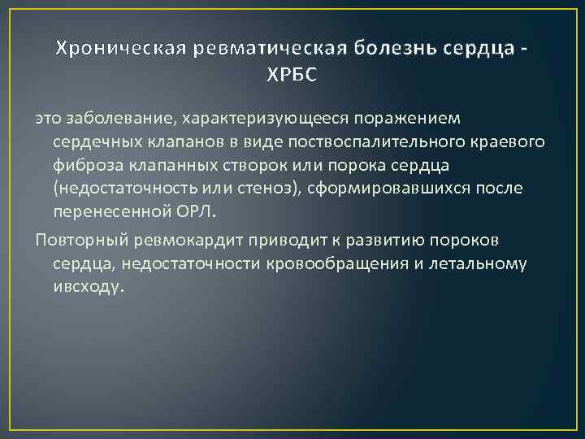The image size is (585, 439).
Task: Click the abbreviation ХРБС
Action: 292,75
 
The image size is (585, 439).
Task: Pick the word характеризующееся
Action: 257,120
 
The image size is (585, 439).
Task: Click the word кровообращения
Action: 358,264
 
